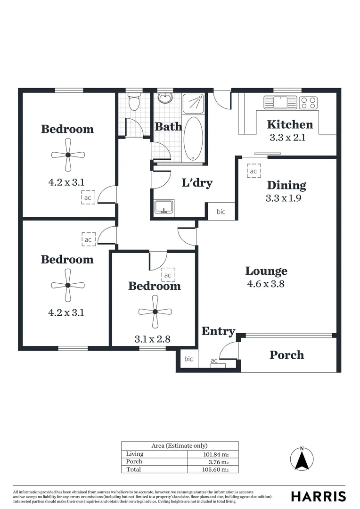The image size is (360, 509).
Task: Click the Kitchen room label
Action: [x=290, y=124]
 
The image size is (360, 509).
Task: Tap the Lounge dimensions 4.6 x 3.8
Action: [x=266, y=284]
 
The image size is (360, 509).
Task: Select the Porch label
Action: [x=286, y=355]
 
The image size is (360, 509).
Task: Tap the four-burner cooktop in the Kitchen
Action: [x=308, y=102]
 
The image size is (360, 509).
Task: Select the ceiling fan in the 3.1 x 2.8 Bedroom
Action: [x=154, y=311]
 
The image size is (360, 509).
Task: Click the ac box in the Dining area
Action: [x=254, y=171]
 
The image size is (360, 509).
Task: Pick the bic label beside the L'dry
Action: [x=221, y=212]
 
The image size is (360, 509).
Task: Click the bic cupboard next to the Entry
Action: [x=188, y=359]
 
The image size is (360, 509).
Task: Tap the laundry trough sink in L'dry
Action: [x=164, y=206]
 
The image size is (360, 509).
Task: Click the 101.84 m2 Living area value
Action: [x=215, y=454]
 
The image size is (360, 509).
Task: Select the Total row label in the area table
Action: [x=134, y=469]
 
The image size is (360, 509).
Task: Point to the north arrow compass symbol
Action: [x=302, y=458]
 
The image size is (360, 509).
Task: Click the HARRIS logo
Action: [x=318, y=496]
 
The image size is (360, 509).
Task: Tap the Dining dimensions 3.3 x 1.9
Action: [x=283, y=198]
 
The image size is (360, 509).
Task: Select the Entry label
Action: [x=218, y=331]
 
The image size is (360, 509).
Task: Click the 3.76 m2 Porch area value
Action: [x=218, y=462]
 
